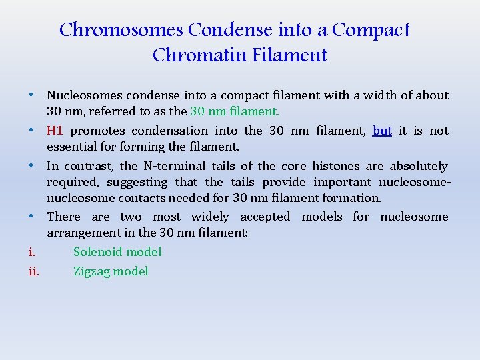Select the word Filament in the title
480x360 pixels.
[x=290, y=55]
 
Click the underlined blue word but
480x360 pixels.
[x=382, y=131]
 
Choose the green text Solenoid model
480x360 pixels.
[x=117, y=251]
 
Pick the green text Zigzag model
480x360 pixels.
[x=111, y=271]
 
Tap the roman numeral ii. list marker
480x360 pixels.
[x=33, y=271]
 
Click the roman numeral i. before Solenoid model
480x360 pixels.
[x=31, y=251]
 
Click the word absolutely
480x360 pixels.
[x=419, y=166]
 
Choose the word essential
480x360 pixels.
[x=71, y=147]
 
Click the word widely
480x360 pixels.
[x=210, y=217]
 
